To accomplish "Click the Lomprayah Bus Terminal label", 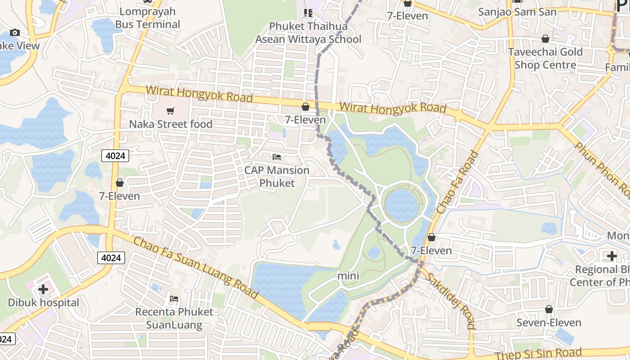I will pyautogui.click(x=148, y=18).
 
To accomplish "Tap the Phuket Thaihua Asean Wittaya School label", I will pyautogui.click(x=308, y=33).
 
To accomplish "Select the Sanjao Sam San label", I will pyautogui.click(x=517, y=12).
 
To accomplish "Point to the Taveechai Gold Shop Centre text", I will pyautogui.click(x=545, y=58).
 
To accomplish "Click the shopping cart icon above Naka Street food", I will pyautogui.click(x=170, y=111).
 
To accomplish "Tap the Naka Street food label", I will pyautogui.click(x=171, y=124).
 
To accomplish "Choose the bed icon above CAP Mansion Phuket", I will pyautogui.click(x=277, y=157).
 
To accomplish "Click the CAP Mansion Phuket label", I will pyautogui.click(x=277, y=177).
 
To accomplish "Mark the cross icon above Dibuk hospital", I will pyautogui.click(x=43, y=289).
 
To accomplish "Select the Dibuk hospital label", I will pyautogui.click(x=43, y=302).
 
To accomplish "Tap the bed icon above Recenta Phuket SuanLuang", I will pyautogui.click(x=174, y=298).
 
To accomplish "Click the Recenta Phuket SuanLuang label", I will pyautogui.click(x=174, y=318).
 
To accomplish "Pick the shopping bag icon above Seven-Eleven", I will pyautogui.click(x=549, y=309).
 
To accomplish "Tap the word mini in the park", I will pyautogui.click(x=348, y=275).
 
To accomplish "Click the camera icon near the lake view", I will pyautogui.click(x=15, y=32).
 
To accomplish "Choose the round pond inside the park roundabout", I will pyautogui.click(x=402, y=205).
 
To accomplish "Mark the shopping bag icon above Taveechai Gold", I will pyautogui.click(x=545, y=39).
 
